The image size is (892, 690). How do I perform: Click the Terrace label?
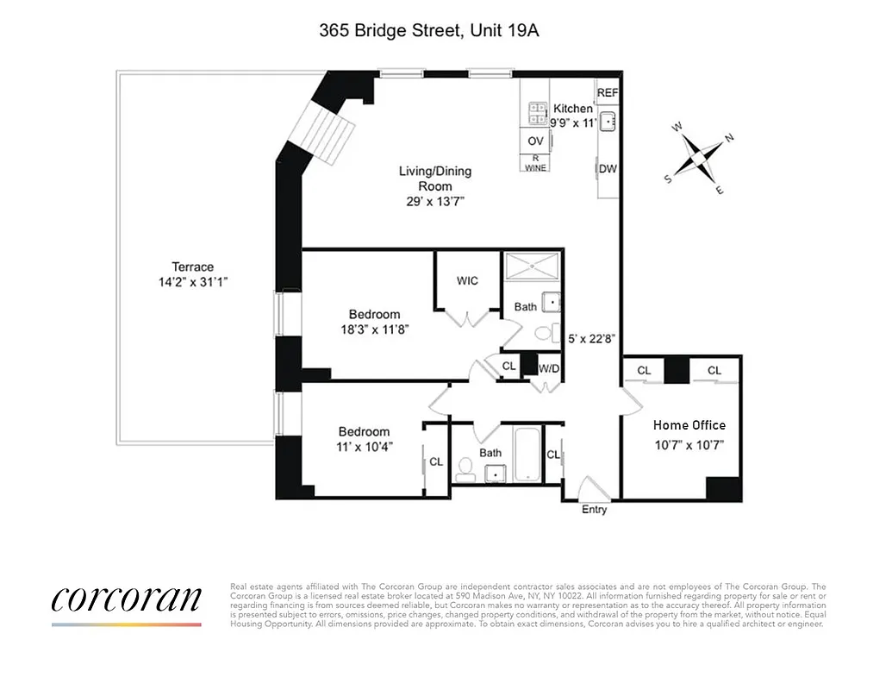192,267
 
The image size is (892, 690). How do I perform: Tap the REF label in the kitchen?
608,93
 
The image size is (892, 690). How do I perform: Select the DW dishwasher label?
608,169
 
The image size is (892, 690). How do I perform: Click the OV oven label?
535,141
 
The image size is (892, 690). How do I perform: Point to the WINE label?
535,165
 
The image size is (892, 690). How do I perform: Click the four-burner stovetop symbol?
538,114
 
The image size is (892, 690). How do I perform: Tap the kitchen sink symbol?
608,120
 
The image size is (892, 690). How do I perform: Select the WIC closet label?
467,281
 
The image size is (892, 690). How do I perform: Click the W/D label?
548,369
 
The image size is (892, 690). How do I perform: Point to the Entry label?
594,510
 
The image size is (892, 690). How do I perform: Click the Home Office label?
689,425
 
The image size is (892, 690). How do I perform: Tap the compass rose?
697,158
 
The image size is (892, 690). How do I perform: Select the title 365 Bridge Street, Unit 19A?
429,31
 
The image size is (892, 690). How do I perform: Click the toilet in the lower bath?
465,468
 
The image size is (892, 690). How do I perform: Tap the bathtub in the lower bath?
527,455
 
